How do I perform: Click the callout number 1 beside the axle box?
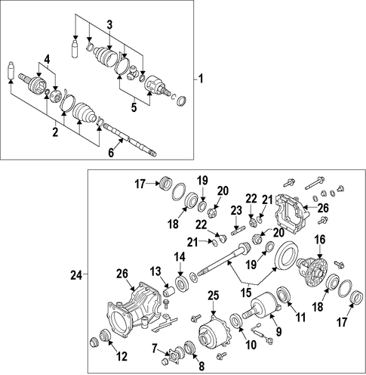tap(201, 79)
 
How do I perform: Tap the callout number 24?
tap(76, 275)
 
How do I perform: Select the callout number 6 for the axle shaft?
tap(111, 153)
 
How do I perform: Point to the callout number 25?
tap(214, 296)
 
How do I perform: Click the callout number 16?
tap(320, 240)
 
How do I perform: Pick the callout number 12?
tap(122, 356)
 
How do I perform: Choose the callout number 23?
tap(236, 210)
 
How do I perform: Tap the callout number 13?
tap(155, 271)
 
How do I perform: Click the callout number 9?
tap(278, 332)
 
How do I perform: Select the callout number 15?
tap(246, 292)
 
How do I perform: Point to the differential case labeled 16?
tap(311, 270)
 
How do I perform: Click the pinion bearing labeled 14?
tap(181, 284)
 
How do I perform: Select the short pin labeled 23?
tap(237, 231)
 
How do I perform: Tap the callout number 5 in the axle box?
tap(134, 107)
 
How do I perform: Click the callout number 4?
tap(48, 60)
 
